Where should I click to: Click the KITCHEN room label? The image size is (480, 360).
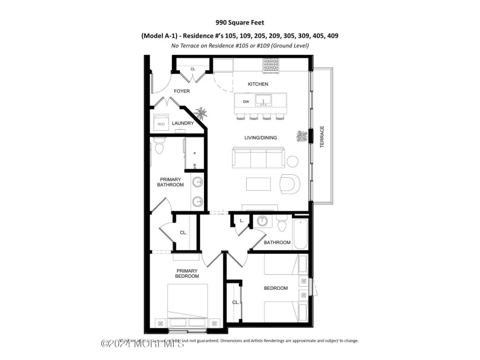pos(258,84)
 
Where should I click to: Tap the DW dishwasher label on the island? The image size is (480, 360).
pos(246,102)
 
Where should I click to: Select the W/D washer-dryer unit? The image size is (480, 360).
pos(161,122)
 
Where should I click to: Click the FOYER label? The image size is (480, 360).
pos(182,91)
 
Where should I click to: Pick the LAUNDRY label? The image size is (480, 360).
pos(183,123)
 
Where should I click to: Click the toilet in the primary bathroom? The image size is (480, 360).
pos(159,147)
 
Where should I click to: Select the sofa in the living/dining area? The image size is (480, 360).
pos(258,157)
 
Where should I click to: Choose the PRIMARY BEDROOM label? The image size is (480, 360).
pos(187,273)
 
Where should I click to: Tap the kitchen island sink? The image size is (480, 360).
pos(263,102)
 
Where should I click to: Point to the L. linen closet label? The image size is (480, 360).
pos(242,220)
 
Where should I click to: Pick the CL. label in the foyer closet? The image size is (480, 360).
pos(193,69)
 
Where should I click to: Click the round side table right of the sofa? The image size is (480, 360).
pos(292,161)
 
